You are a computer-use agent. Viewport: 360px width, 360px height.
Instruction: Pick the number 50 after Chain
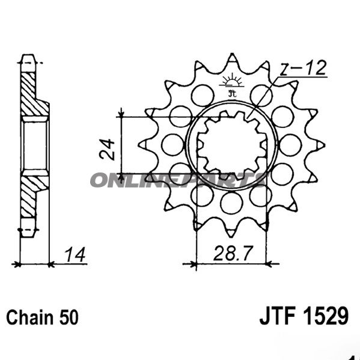pos(66,316)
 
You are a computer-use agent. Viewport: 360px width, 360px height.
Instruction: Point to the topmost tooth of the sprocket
pos(231,58)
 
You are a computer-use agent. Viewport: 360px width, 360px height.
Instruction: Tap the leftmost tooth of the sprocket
pos(143,144)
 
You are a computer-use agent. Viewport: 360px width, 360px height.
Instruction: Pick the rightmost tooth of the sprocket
pos(320,144)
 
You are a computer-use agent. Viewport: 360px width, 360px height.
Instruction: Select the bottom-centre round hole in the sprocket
pos(231,203)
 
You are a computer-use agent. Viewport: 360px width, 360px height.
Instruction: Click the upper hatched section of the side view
pos(28,90)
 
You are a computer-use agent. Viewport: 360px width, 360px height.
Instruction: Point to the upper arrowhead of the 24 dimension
pos(122,114)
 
